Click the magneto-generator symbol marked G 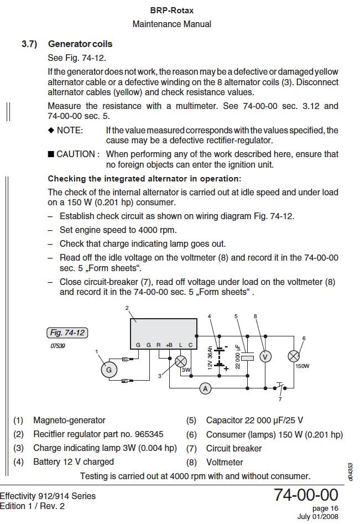pos(109,370)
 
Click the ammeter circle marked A pos(205,389)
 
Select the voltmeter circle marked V pos(265,357)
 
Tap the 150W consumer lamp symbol pos(294,357)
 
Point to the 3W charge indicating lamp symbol pos(180,361)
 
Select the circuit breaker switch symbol pos(279,386)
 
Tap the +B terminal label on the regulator pos(169,345)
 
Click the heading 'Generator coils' pos(80,44)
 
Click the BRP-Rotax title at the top pos(171,11)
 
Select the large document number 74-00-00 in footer pos(305,495)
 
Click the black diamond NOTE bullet pos(51,130)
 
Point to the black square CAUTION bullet pos(51,154)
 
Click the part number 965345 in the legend pos(148,434)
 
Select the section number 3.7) pos(29,44)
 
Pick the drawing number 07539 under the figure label pos(58,345)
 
